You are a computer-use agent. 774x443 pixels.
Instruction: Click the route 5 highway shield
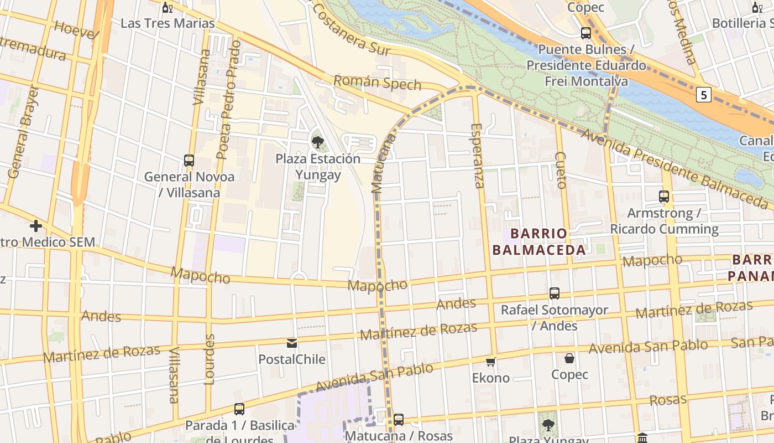tap(703, 95)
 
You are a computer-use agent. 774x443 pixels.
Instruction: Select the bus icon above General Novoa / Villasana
tap(189, 161)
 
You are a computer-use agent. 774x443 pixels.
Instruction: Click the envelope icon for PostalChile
tap(292, 343)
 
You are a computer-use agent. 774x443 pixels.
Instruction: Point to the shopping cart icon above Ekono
tap(490, 362)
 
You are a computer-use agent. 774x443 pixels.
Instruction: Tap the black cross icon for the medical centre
tap(36, 226)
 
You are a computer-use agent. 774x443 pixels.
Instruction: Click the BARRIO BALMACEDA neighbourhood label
tap(538, 241)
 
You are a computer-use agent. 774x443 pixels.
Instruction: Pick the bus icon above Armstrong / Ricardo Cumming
tap(664, 197)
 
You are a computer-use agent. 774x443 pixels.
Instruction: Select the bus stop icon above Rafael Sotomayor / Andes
tap(555, 293)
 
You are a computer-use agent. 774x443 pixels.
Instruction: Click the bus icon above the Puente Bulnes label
tap(586, 33)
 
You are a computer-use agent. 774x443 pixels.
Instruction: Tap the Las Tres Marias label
tap(168, 23)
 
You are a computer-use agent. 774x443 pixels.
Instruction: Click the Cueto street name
tap(561, 170)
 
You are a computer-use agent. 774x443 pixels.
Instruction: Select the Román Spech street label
tap(377, 84)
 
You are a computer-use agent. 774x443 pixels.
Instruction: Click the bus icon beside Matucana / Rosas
tap(399, 420)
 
